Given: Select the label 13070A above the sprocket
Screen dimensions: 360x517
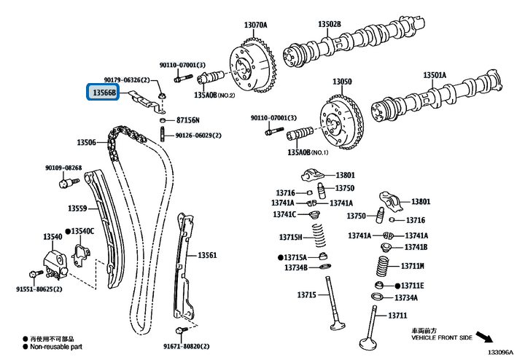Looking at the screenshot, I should point(254,25).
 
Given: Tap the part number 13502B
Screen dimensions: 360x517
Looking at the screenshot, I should point(329,25).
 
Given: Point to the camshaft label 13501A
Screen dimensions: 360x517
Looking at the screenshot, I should point(435,75).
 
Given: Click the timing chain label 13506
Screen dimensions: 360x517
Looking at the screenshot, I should point(87,142).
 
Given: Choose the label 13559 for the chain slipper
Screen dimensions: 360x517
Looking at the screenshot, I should point(78,208).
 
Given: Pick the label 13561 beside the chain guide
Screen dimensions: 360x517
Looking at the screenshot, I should point(208,256).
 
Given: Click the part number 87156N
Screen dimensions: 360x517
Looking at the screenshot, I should point(187,120).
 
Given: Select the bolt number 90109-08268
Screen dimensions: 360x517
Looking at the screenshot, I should point(63,168).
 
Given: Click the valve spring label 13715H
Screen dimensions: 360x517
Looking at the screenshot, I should point(289,237).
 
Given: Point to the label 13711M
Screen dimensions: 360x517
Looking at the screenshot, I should point(413,266).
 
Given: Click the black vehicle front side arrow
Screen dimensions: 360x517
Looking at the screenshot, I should point(494,339).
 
